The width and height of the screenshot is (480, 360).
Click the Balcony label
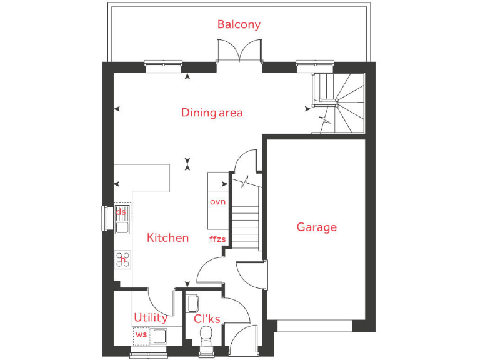pyautogui.click(x=239, y=24)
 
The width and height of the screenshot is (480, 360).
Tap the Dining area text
pyautogui.click(x=212, y=112)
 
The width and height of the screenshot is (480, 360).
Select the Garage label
pyautogui.click(x=316, y=227)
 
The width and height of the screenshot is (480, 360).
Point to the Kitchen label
pyautogui.click(x=167, y=237)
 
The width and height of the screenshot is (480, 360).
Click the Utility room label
pyautogui.click(x=151, y=317)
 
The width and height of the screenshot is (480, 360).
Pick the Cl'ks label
pyautogui.click(x=207, y=319)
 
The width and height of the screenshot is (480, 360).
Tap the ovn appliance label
pyautogui.click(x=217, y=201)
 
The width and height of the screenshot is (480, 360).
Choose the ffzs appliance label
pyautogui.click(x=217, y=239)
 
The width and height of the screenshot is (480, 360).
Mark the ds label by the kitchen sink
pyautogui.click(x=121, y=212)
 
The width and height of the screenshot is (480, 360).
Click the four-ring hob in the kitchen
pyautogui.click(x=122, y=259)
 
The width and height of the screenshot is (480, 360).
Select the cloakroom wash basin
pyautogui.click(x=192, y=302)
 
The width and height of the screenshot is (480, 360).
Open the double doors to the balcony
pyautogui.click(x=238, y=52)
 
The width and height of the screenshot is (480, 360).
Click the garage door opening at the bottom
pyautogui.click(x=314, y=326)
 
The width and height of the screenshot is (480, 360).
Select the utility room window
pyautogui.click(x=149, y=355)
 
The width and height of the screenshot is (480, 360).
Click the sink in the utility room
pyautogui.click(x=159, y=336)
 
